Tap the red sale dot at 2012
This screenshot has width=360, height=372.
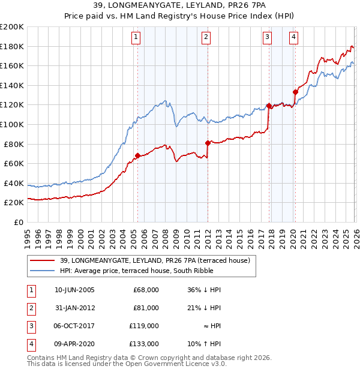click(208, 143)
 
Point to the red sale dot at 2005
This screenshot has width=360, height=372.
click(137, 155)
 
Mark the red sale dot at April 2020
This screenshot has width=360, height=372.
click(295, 92)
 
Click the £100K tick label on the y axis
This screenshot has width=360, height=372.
click(12, 124)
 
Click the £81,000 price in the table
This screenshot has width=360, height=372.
click(146, 308)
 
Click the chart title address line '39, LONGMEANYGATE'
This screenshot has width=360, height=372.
click(180, 5)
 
